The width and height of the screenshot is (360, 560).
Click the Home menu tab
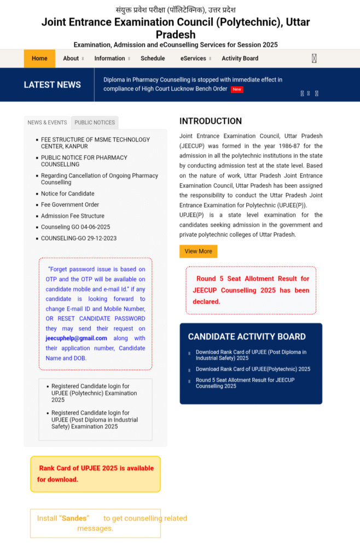point(39,59)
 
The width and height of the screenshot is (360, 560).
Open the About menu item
point(71,59)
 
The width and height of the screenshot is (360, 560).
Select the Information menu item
point(109,59)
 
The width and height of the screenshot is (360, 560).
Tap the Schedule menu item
point(153,59)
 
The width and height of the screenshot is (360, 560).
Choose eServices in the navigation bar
point(193,59)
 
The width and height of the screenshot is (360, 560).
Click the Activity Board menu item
point(240,59)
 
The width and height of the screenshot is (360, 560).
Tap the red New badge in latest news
point(237,89)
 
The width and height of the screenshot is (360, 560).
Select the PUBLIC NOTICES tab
point(95,122)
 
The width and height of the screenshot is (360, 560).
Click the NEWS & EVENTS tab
point(48,122)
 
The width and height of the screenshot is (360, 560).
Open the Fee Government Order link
point(70,205)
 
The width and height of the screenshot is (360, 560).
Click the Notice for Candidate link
point(67,194)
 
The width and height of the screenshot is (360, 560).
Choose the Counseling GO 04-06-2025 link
point(76,227)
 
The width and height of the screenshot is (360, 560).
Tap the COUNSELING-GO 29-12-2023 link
point(79,238)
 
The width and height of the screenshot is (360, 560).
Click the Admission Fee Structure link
point(73,216)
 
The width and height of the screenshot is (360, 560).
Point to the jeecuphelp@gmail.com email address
point(76,339)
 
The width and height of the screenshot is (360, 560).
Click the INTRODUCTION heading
point(211,121)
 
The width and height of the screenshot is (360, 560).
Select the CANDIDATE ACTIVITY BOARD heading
point(247,337)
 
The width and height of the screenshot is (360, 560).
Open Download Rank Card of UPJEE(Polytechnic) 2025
point(253,369)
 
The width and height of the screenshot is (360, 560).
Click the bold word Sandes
point(74,518)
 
